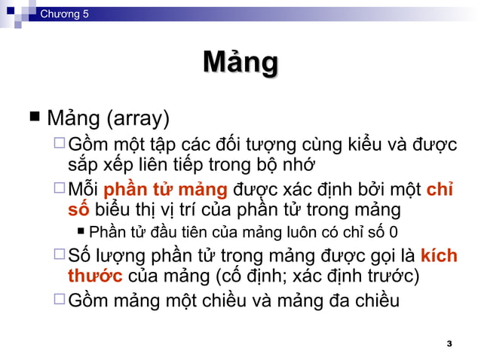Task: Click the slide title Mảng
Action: (x=240, y=63)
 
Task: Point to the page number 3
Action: (x=449, y=343)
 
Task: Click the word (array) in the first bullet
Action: (x=137, y=118)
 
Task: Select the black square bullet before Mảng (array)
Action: (x=33, y=117)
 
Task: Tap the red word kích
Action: (x=439, y=255)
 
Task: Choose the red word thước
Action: (x=93, y=275)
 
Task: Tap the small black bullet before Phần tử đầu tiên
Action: (x=81, y=231)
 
